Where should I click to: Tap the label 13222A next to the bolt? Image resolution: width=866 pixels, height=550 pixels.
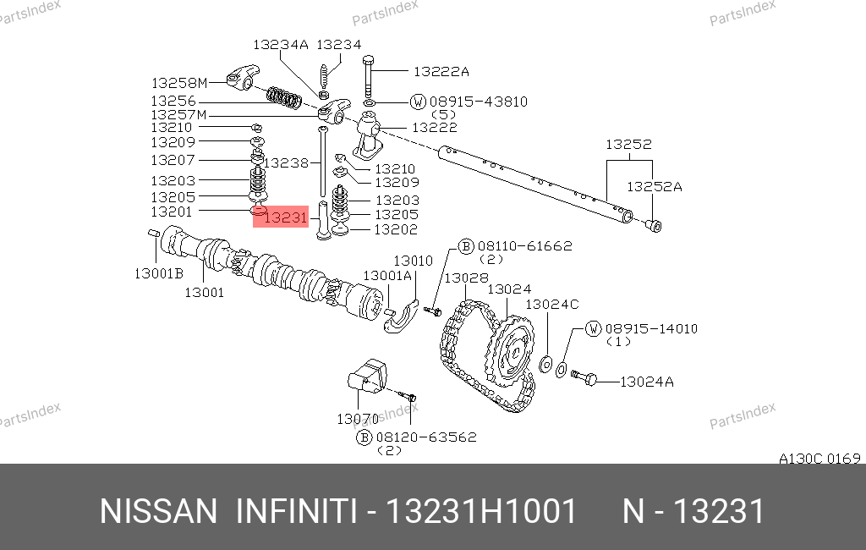[x=441, y=72]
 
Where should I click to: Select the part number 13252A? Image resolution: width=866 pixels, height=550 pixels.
[x=653, y=186]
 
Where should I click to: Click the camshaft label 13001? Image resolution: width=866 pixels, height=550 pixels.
[x=204, y=293]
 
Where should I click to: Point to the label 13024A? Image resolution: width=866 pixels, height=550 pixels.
[x=646, y=382]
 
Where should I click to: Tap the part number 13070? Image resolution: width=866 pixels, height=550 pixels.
[x=358, y=419]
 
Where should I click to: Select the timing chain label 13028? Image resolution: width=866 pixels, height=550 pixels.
[x=466, y=278]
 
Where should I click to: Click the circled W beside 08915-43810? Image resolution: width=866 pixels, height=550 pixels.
[x=418, y=102]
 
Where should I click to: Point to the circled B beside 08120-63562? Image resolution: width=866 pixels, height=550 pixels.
[x=364, y=437]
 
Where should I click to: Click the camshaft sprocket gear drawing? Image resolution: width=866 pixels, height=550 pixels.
[x=511, y=352]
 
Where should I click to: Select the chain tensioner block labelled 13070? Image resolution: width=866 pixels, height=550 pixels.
[x=369, y=377]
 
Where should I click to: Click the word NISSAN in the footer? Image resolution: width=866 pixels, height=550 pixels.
[x=159, y=512]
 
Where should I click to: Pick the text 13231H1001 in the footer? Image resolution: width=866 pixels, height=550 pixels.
[x=481, y=512]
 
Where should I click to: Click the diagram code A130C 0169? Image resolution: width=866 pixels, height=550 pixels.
[x=819, y=459]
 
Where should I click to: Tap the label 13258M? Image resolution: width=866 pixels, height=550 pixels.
[x=178, y=83]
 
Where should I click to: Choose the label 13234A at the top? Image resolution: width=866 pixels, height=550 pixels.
[x=281, y=45]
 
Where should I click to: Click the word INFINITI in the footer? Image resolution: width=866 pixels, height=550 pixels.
[x=295, y=512]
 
